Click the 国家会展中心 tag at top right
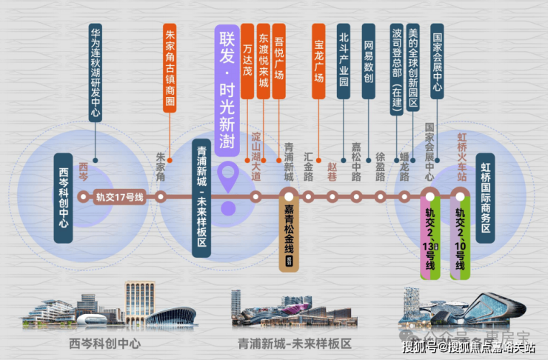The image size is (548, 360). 437,62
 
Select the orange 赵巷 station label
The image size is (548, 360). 332,167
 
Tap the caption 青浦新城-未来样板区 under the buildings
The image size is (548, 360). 294,344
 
